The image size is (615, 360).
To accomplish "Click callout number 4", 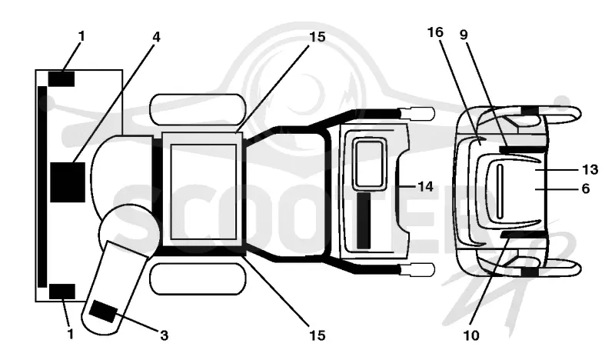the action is tap(156, 37).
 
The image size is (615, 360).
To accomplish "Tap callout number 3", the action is tap(164, 335).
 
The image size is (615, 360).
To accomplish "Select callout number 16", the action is tap(435, 32).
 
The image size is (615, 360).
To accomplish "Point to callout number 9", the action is tap(464, 35).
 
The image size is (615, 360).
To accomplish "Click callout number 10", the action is tap(471, 335).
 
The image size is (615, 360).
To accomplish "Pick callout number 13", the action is tap(590, 169).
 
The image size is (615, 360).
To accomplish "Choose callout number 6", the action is tap(586, 188).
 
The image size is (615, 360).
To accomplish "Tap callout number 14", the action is tap(426, 186).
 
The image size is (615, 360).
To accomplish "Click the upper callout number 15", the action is tap(317, 37).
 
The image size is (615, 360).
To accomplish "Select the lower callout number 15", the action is tap(317, 335).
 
